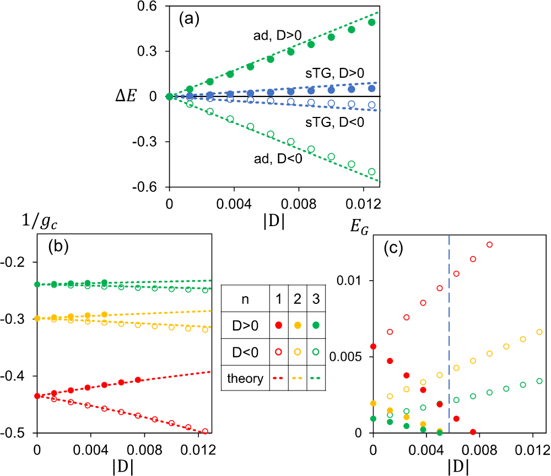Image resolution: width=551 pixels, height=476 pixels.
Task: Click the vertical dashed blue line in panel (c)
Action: (x=449, y=331)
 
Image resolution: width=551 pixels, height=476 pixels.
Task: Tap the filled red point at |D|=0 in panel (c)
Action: (x=374, y=346)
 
